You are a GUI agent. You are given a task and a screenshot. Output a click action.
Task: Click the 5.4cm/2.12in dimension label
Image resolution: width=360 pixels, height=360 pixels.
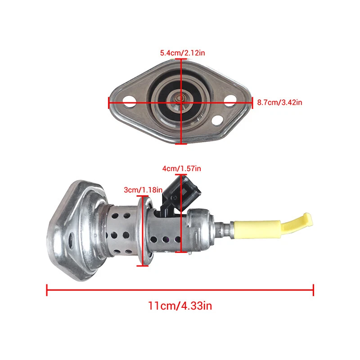183,53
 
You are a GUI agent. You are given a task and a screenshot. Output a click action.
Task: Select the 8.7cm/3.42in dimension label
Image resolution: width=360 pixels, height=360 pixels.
279,102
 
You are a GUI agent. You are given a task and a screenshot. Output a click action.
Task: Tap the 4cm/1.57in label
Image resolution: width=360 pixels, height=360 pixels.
181,168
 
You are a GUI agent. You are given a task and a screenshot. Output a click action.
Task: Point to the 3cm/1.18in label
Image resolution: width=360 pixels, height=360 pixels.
143,190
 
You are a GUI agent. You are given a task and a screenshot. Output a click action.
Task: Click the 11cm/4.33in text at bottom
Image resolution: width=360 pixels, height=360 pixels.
180,306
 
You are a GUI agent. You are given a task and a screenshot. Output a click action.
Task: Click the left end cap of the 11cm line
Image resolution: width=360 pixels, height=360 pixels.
47,289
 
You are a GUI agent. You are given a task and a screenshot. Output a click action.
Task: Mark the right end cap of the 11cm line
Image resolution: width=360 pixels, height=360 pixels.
313,289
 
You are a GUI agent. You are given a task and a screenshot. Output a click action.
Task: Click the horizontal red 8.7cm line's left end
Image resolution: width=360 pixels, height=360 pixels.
109,103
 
